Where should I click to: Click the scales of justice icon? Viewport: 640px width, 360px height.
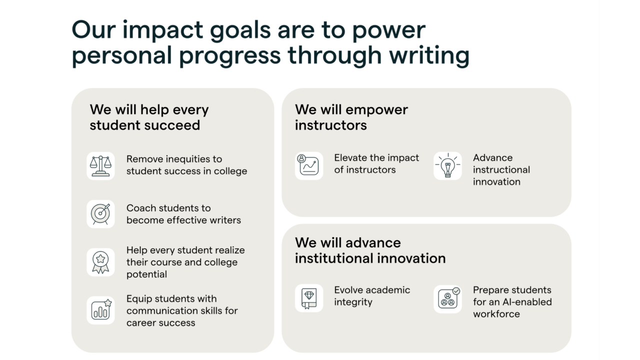100,166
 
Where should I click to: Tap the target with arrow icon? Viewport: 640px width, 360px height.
100,214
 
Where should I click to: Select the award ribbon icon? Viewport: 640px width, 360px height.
100,262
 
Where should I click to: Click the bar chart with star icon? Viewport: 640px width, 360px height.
101,309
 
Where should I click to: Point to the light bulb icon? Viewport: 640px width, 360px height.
447,165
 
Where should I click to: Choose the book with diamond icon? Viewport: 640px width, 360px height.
309,298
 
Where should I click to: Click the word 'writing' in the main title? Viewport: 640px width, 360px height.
429,56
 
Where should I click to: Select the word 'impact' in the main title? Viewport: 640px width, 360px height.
162,31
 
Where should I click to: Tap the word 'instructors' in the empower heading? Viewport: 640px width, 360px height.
330,125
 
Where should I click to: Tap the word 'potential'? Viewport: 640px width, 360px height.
146,274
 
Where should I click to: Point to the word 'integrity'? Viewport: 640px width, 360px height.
353,302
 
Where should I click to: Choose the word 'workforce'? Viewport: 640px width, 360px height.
496,314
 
